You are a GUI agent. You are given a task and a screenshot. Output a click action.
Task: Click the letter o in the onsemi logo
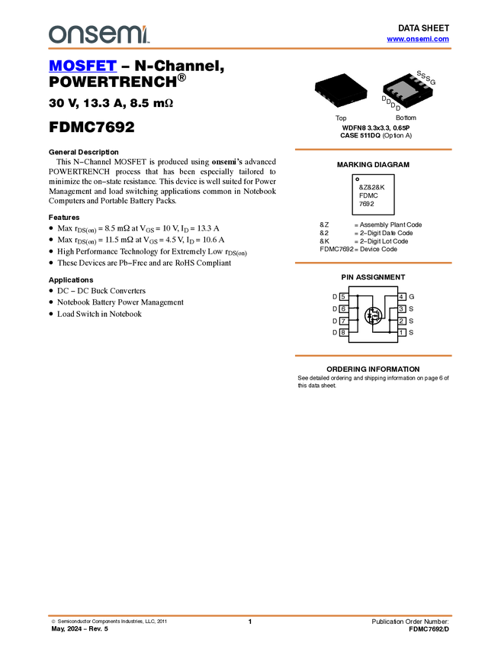(x=56, y=34)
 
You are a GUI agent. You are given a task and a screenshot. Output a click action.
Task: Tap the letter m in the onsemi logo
(x=127, y=34)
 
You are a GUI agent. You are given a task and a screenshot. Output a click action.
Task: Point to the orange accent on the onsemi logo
(x=149, y=28)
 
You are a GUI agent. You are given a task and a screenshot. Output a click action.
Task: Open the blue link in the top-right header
(x=417, y=39)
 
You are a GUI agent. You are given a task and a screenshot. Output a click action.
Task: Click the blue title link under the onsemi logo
(x=82, y=67)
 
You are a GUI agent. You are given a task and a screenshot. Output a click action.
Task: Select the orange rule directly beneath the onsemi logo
(x=250, y=49)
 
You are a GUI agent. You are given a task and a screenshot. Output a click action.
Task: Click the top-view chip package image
(x=340, y=90)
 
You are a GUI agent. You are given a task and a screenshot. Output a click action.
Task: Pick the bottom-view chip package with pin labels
(x=406, y=90)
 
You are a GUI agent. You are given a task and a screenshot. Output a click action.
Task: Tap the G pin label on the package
(x=433, y=81)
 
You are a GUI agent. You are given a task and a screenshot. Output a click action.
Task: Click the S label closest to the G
(x=428, y=78)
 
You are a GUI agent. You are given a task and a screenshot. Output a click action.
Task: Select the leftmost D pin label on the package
(x=384, y=98)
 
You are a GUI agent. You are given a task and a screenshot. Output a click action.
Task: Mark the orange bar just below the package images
(x=373, y=150)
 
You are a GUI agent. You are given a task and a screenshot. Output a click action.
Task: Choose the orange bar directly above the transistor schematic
(x=373, y=263)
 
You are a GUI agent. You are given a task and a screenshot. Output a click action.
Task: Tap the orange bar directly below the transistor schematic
(x=373, y=356)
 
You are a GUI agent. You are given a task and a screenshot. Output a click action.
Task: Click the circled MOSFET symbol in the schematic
(x=374, y=315)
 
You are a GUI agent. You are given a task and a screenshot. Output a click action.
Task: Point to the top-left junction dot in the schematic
(x=358, y=296)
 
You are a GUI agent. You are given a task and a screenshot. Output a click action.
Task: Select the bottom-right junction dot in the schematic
(x=390, y=332)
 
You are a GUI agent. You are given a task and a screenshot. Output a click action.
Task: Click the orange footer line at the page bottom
(x=250, y=615)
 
